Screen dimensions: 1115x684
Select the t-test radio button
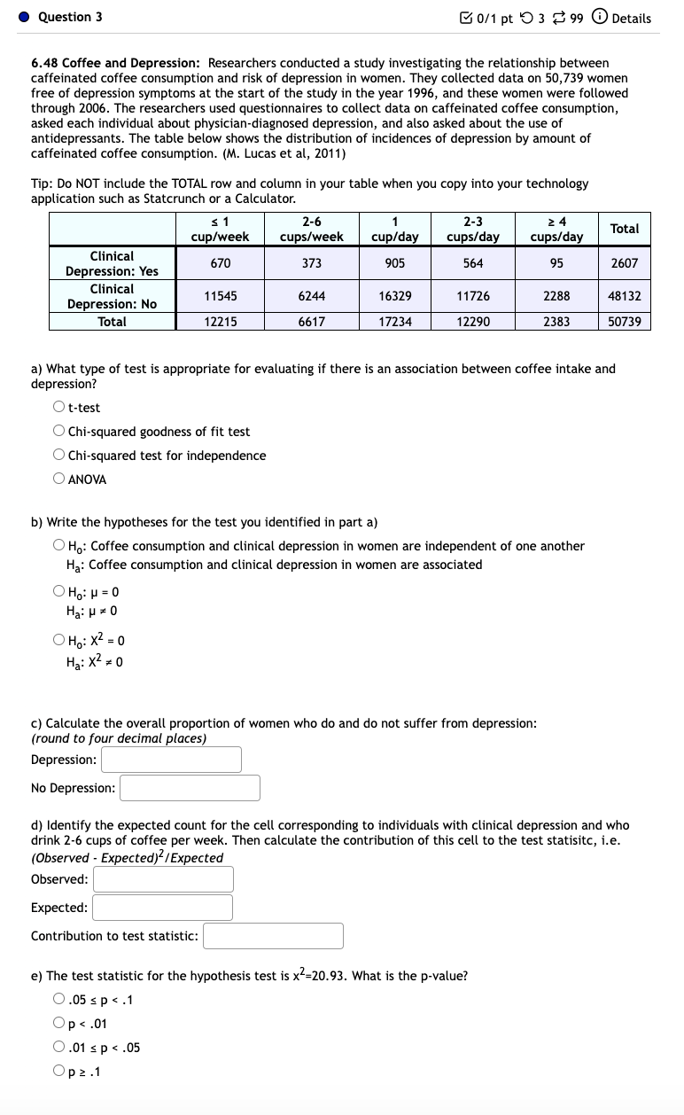pos(58,408)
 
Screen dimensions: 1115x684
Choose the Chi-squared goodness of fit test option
pos(58,432)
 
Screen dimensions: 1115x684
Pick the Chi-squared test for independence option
pos(58,456)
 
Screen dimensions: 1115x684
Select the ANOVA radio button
pos(58,480)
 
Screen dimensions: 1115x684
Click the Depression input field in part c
pos(171,760)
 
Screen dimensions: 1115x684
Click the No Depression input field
pos(190,788)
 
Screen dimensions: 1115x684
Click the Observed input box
pos(163,879)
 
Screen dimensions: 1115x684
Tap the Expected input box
pos(162,908)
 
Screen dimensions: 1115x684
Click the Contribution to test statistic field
pos(273,936)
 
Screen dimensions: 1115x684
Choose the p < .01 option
pos(58,1024)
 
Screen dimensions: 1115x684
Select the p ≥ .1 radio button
pos(58,1072)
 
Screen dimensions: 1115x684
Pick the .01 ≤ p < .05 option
pos(58,1048)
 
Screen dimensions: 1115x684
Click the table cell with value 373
pos(312,263)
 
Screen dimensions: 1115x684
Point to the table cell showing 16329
pos(394,296)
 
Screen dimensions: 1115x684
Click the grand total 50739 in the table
pos(625,322)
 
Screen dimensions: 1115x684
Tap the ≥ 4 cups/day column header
pos(556,229)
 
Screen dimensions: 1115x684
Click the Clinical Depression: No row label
pos(112,296)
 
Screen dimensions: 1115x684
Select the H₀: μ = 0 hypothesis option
pos(58,591)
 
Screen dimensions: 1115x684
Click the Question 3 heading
pos(70,17)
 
